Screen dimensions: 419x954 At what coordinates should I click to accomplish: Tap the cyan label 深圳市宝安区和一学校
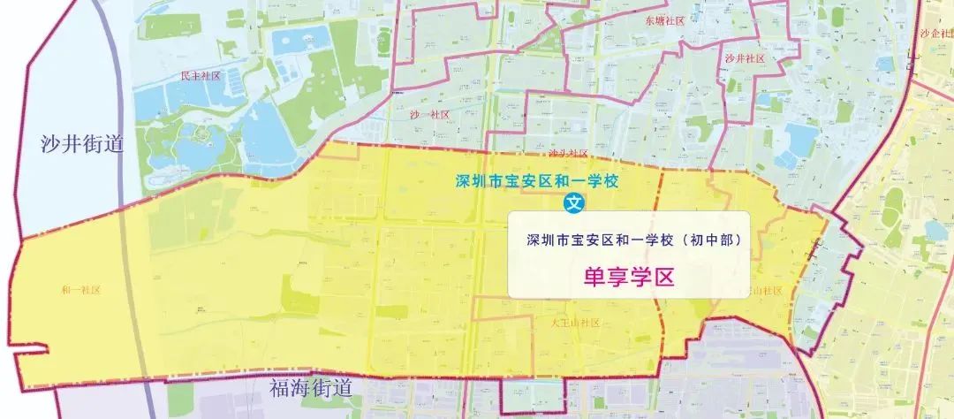pyautogui.click(x=535, y=181)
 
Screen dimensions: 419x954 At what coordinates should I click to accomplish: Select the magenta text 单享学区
pyautogui.click(x=629, y=277)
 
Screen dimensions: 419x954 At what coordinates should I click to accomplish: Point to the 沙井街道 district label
pyautogui.click(x=80, y=145)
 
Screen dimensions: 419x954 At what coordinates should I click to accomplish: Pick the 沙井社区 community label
pyautogui.click(x=744, y=58)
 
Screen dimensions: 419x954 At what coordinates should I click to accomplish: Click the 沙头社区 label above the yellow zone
pyautogui.click(x=568, y=153)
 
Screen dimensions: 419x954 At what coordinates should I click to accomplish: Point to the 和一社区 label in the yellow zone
pyautogui.click(x=80, y=290)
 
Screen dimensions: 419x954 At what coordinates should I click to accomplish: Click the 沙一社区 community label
pyautogui.click(x=430, y=115)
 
